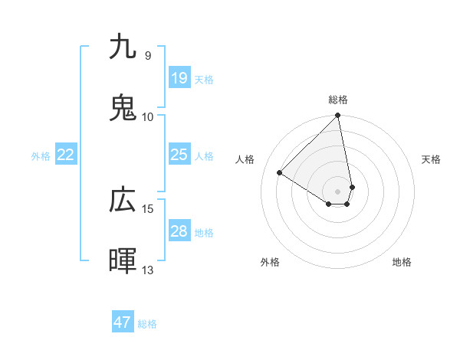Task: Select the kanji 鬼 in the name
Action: click(123, 108)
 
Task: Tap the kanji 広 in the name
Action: click(123, 200)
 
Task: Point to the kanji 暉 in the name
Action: click(123, 261)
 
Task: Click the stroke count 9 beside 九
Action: click(147, 55)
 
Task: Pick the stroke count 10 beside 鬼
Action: click(148, 116)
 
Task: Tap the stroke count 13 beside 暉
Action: click(148, 270)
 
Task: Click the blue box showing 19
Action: click(179, 77)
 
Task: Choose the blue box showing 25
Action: click(179, 155)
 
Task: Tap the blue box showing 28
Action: click(179, 231)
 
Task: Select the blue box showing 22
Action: click(66, 155)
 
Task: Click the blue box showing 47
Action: click(123, 322)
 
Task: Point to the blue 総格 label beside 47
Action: click(147, 324)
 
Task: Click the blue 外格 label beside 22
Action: click(41, 156)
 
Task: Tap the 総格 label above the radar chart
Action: click(338, 100)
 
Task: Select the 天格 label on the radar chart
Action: click(431, 159)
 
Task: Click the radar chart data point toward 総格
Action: click(338, 116)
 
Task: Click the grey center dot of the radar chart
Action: click(338, 191)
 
